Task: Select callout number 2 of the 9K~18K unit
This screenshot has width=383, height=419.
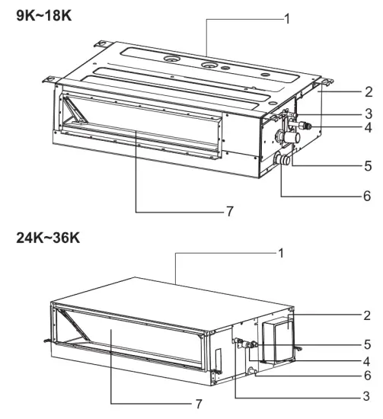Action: pyautogui.click(x=368, y=92)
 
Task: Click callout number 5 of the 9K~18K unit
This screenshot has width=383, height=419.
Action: pyautogui.click(x=368, y=164)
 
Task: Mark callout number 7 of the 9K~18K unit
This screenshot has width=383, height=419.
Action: pyautogui.click(x=228, y=211)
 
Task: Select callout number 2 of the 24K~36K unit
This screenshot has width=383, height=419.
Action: pyautogui.click(x=368, y=313)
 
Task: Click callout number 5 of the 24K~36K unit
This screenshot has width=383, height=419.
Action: pyautogui.click(x=368, y=344)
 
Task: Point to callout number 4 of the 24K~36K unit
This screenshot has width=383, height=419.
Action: pyautogui.click(x=368, y=360)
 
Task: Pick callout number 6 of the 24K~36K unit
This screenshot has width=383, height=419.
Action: pyautogui.click(x=368, y=376)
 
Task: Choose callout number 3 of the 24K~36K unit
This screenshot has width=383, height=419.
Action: pyautogui.click(x=368, y=397)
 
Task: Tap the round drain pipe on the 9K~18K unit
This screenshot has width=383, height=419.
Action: pyautogui.click(x=283, y=161)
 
